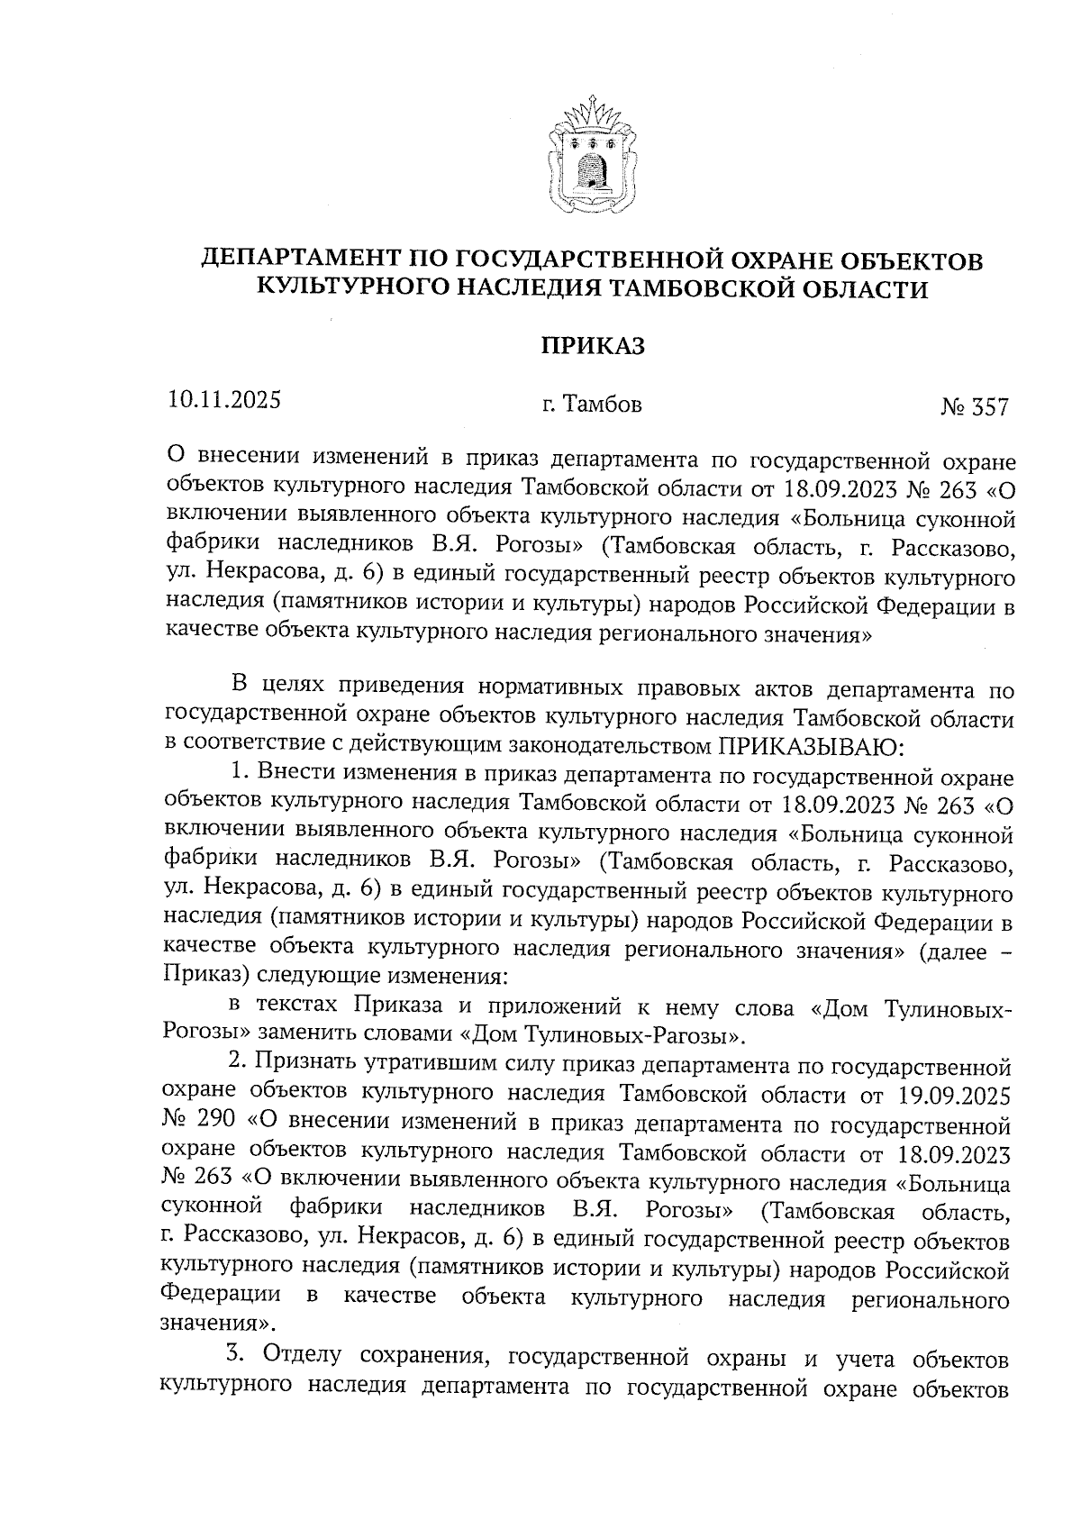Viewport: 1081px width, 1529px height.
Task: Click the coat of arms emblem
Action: click(592, 155)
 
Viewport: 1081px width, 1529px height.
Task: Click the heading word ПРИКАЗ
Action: click(592, 345)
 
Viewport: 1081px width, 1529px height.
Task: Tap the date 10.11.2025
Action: click(223, 400)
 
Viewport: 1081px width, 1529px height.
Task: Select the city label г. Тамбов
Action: click(592, 405)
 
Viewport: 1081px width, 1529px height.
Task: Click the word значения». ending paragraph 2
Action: click(218, 1324)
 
